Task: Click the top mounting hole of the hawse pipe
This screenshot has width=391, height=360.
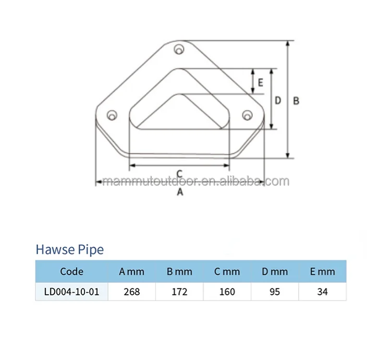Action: [x=179, y=50]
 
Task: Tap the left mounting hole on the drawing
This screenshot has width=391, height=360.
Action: [x=111, y=115]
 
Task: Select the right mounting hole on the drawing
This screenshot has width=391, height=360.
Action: [x=247, y=114]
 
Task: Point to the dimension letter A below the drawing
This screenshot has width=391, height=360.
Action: [x=180, y=192]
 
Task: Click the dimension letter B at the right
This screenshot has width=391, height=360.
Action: [x=296, y=101]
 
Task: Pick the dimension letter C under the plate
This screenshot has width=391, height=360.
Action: [x=179, y=173]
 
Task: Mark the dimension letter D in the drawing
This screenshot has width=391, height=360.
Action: [x=278, y=100]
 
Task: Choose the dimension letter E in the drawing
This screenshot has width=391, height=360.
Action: [x=260, y=82]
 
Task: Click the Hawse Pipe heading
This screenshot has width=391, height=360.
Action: [x=69, y=249]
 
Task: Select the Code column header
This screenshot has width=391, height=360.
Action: [x=71, y=272]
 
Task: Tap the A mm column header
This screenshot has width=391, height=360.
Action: [x=131, y=272]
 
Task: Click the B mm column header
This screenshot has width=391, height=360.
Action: [x=179, y=272]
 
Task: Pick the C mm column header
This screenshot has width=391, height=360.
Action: [x=227, y=272]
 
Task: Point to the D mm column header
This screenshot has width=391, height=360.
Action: [x=275, y=272]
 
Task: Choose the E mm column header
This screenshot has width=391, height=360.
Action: [x=322, y=272]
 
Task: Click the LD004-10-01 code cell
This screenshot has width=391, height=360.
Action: [x=71, y=292]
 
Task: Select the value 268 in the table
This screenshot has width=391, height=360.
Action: [x=131, y=292]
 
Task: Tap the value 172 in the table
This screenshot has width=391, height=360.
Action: [x=179, y=292]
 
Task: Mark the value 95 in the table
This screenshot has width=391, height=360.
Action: [x=275, y=292]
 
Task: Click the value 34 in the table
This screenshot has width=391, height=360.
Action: [x=322, y=292]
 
